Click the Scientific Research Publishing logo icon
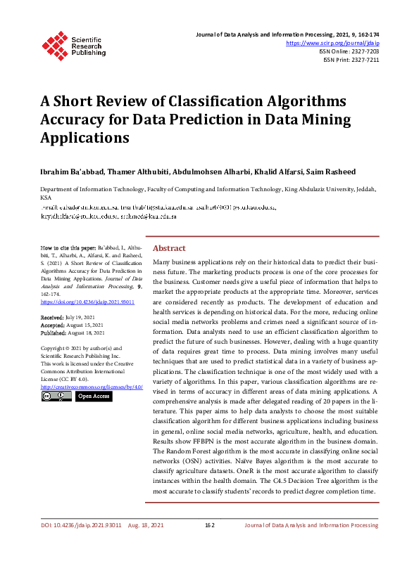tap(54, 44)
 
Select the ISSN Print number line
tap(351, 60)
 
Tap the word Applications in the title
tap(85, 137)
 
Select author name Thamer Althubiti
tap(135, 172)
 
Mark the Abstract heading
tap(169, 248)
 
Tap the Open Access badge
tap(94, 396)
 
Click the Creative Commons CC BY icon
tap(56, 396)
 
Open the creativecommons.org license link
tap(92, 387)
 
